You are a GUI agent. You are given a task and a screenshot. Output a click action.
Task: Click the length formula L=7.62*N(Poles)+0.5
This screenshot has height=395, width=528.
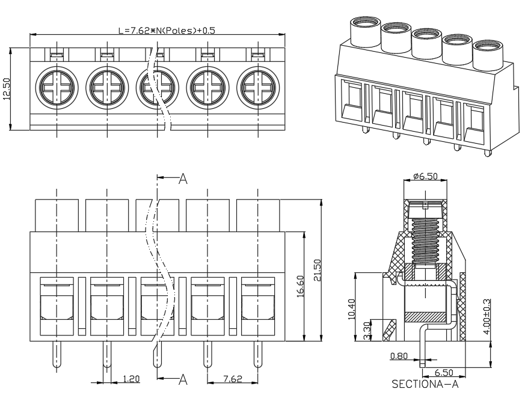point(167,30)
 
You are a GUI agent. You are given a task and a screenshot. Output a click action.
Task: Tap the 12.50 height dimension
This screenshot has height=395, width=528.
point(7,89)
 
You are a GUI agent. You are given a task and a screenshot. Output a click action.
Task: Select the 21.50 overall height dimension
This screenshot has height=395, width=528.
point(317,270)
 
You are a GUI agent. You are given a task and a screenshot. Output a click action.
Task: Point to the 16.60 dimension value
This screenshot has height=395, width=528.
point(300,286)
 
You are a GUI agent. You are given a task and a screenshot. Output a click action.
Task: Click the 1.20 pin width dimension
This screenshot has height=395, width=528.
point(131,379)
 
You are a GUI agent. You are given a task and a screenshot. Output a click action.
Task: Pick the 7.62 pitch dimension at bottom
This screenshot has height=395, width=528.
point(233,379)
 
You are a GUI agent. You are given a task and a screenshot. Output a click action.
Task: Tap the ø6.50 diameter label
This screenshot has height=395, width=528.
point(426,176)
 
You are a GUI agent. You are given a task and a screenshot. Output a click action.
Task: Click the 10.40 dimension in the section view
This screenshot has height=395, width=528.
point(351,309)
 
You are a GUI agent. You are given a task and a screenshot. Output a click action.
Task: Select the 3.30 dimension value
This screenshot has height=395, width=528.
point(367,330)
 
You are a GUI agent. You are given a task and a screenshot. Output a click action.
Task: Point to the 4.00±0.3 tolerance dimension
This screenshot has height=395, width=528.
point(487,316)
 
